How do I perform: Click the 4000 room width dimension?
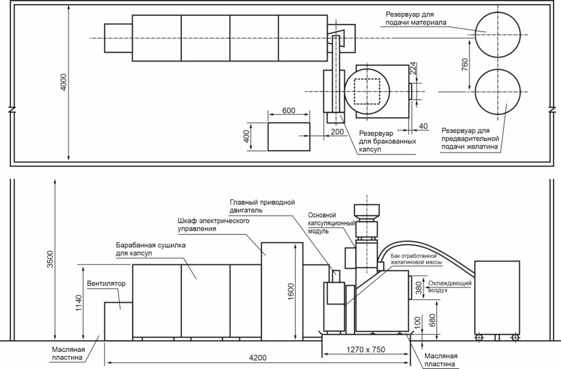click(64, 82)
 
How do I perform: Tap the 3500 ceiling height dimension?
click(50, 259)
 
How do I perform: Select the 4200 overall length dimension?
click(258, 358)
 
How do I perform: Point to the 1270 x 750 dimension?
click(365, 349)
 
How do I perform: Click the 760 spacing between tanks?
click(465, 64)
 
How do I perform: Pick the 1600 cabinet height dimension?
click(291, 292)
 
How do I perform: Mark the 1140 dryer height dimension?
click(79, 303)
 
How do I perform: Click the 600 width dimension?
click(289, 110)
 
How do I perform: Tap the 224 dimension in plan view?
click(413, 68)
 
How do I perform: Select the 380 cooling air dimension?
click(419, 288)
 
